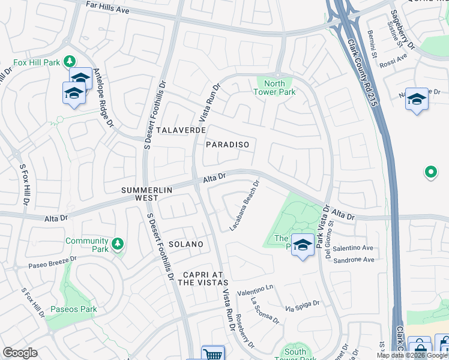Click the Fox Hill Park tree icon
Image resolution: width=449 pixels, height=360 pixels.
click(x=70, y=61)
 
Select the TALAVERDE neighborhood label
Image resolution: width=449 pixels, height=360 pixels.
click(x=181, y=130)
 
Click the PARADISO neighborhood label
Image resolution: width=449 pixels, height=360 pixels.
click(x=227, y=145)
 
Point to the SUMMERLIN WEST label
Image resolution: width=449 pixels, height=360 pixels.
click(x=147, y=194)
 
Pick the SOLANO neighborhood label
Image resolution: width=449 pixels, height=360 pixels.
click(x=185, y=245)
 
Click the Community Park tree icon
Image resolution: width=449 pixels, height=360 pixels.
click(x=118, y=242)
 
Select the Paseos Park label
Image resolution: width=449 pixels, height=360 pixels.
click(x=73, y=310)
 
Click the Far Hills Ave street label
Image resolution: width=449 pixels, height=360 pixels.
click(x=107, y=7)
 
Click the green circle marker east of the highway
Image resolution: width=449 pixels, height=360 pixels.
click(x=430, y=173)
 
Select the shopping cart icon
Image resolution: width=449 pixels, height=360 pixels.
click(x=212, y=354)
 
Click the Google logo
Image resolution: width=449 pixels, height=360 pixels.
click(x=20, y=353)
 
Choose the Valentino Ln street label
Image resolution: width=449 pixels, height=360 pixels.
click(x=255, y=290)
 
